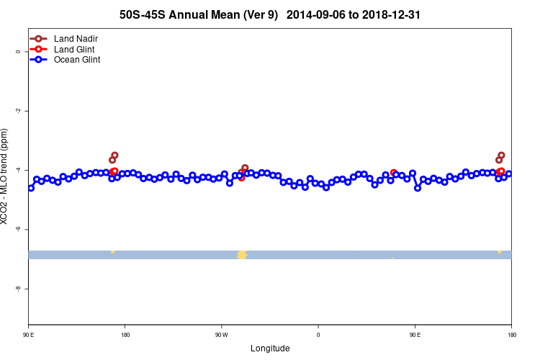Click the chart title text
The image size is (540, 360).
270,14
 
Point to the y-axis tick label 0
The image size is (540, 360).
17,52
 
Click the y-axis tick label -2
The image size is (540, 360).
17,111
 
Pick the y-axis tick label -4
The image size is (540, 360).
17,170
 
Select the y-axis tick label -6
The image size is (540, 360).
17,229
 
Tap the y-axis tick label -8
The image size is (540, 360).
17,288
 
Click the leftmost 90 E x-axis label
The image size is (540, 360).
28,334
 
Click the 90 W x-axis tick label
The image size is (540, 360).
221,334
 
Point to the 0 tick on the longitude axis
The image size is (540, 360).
318,334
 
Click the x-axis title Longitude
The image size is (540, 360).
270,348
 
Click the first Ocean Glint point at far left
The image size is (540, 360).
31,188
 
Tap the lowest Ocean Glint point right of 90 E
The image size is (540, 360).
418,188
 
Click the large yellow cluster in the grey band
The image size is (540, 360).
242,255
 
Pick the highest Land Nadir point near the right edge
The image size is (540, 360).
501,155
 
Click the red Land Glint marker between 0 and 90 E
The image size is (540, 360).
393,173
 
